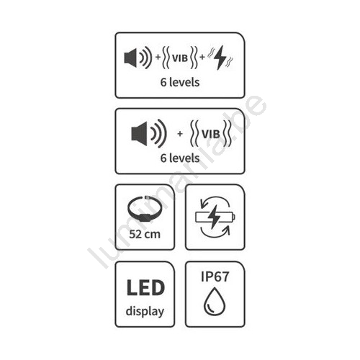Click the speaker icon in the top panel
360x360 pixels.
click(x=138, y=58)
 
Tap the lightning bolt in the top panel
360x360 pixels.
click(x=221, y=58)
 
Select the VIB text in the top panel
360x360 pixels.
click(x=180, y=58)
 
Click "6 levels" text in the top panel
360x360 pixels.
click(x=180, y=82)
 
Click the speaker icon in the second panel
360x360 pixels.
click(x=149, y=133)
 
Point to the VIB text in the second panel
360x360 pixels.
click(x=211, y=134)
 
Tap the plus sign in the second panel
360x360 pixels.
click(x=180, y=134)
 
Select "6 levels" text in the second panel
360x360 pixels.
click(x=180, y=158)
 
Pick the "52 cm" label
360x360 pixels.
click(x=145, y=234)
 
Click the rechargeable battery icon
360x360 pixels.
click(x=215, y=217)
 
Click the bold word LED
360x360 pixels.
click(x=145, y=287)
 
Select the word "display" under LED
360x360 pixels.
click(x=145, y=311)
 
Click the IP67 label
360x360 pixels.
click(x=215, y=276)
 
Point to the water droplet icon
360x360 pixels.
click(x=215, y=301)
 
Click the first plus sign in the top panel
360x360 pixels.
click(x=158, y=58)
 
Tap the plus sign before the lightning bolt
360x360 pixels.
click(x=202, y=57)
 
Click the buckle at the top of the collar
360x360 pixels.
click(x=147, y=198)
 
